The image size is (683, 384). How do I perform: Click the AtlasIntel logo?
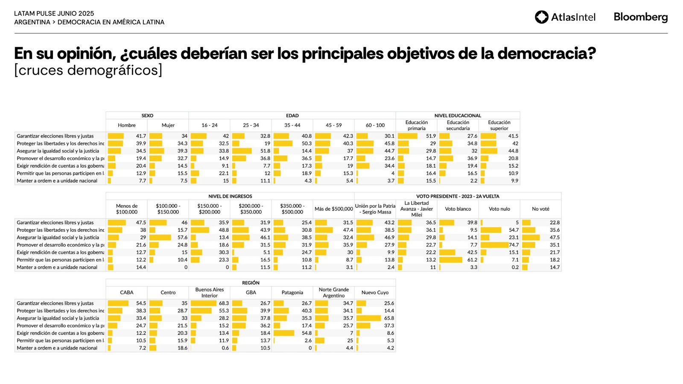[x=565, y=17]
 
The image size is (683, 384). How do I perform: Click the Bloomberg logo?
[x=640, y=17]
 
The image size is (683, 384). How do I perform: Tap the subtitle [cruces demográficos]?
[x=88, y=70]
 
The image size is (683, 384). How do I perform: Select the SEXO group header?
[x=147, y=116]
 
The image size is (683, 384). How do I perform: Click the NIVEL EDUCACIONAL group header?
[x=458, y=116]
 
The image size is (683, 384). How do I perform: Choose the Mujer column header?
[x=168, y=125]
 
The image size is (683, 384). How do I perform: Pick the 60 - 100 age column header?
[x=375, y=125]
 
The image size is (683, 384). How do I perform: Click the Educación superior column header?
[x=499, y=125]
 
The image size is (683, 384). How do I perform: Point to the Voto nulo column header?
[x=499, y=209]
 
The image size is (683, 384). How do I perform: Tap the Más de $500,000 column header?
[x=333, y=209]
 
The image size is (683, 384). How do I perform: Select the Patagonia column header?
[x=292, y=293]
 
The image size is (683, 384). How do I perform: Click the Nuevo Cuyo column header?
[x=375, y=293]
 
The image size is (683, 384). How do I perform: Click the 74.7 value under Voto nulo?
[x=514, y=245]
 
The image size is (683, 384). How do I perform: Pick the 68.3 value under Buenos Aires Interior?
[x=224, y=303]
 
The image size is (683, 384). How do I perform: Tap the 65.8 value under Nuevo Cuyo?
[x=389, y=318]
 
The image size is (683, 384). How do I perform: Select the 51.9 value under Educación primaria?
[x=431, y=136]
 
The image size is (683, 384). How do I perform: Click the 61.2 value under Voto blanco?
[x=472, y=260]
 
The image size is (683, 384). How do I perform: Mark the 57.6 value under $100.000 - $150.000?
[x=182, y=238]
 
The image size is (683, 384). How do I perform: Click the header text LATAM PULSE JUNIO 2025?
[x=54, y=14]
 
